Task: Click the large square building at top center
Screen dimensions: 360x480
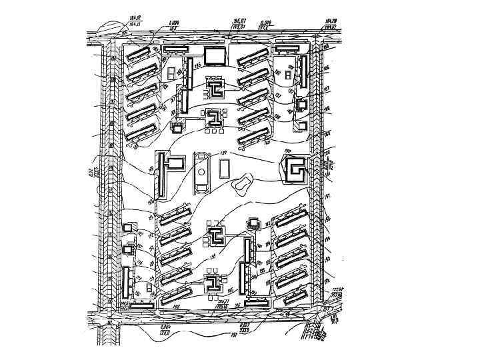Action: [x=215, y=57]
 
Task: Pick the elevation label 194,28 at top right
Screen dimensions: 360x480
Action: [x=329, y=22]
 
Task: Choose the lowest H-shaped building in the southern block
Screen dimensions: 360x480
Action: [x=214, y=283]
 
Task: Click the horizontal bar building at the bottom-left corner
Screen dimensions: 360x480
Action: [x=141, y=303]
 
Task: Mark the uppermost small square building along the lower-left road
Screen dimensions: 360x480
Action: [x=128, y=228]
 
